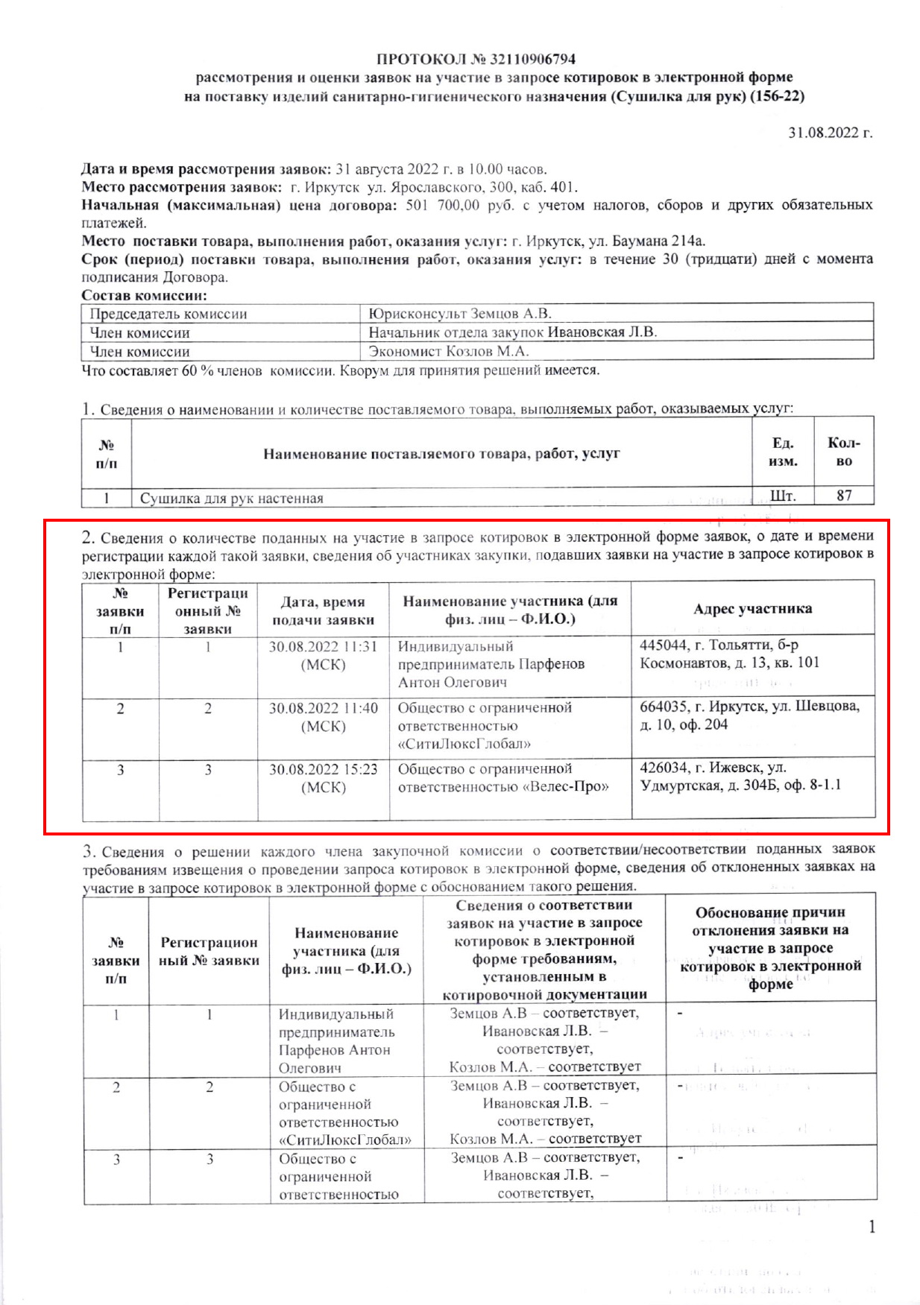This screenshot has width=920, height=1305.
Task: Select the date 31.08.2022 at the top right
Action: point(829,133)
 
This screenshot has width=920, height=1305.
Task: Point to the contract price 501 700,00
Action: point(442,205)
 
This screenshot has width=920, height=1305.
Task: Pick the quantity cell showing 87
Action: point(843,496)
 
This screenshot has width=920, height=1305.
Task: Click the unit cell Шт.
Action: point(782,496)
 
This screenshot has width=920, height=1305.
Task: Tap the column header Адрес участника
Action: point(752,609)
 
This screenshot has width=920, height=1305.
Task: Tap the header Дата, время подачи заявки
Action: point(323,610)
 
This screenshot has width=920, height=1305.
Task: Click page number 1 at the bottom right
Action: point(872,1227)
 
